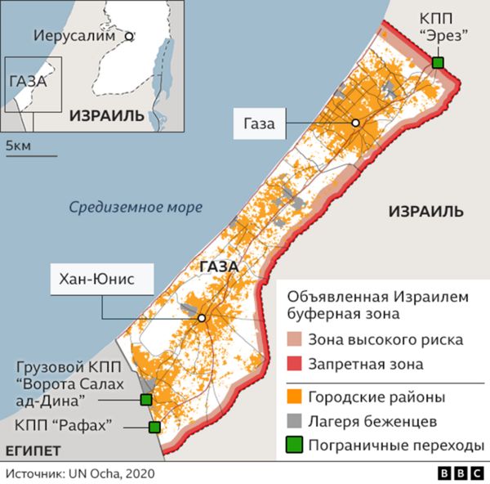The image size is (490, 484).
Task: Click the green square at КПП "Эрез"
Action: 439,63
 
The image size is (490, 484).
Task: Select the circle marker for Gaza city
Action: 355,123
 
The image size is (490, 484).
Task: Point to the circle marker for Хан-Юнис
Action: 201,318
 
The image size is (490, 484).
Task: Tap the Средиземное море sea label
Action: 135,208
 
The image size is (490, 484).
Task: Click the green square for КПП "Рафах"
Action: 154,427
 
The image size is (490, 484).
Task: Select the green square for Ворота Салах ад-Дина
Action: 146,400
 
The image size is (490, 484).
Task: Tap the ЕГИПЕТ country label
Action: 33,450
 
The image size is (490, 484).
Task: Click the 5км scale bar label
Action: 18,145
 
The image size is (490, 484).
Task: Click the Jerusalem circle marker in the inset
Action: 128,36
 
